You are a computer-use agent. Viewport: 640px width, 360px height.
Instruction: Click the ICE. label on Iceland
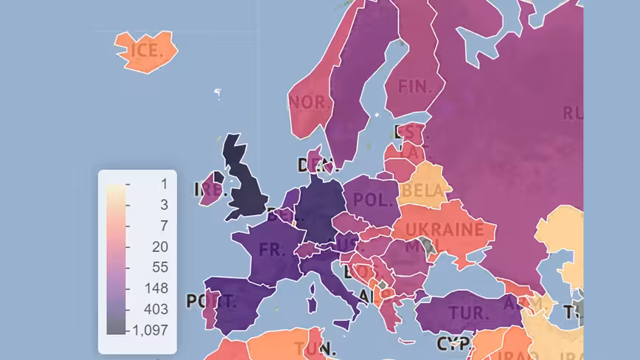[146, 51]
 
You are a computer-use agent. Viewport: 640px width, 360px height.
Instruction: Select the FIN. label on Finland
[415, 86]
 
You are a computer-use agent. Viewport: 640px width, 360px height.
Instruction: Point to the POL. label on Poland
[372, 199]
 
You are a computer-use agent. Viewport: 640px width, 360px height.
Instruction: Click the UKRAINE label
[445, 229]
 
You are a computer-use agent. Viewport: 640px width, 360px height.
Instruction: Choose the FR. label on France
[271, 249]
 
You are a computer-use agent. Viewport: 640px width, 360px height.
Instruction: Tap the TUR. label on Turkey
[468, 312]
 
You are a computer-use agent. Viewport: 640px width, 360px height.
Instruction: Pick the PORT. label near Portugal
[211, 302]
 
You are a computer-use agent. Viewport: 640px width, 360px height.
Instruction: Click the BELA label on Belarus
[423, 192]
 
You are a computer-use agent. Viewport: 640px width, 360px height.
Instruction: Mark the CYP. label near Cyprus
[453, 344]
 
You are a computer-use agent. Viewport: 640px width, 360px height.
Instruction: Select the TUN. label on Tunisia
[315, 348]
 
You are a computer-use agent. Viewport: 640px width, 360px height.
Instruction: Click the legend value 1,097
[150, 330]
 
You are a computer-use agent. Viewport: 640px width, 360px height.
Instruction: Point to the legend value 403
[156, 309]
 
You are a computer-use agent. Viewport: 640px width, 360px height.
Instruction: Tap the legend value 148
[156, 288]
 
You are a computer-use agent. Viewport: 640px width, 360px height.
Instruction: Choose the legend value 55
[159, 267]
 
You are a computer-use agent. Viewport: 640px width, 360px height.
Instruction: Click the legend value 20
[159, 246]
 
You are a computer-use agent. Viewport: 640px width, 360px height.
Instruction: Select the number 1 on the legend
[164, 184]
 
